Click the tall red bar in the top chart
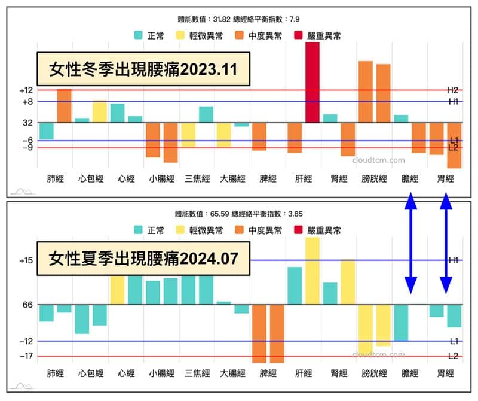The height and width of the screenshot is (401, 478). (312, 83)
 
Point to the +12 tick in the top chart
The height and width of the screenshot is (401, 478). (26, 90)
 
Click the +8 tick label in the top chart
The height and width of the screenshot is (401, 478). (27, 102)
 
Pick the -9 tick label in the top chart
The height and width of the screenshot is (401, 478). (27, 148)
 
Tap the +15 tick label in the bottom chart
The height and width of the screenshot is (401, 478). (26, 260)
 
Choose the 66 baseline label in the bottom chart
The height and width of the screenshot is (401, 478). (27, 305)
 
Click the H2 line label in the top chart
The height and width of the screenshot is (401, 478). (452, 90)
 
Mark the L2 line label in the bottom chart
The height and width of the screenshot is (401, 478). (452, 356)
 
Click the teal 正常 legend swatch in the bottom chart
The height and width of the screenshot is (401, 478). (139, 230)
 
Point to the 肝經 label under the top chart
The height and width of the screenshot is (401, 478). (304, 178)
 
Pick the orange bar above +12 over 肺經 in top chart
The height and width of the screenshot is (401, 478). (64, 105)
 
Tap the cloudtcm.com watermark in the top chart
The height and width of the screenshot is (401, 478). (378, 160)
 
